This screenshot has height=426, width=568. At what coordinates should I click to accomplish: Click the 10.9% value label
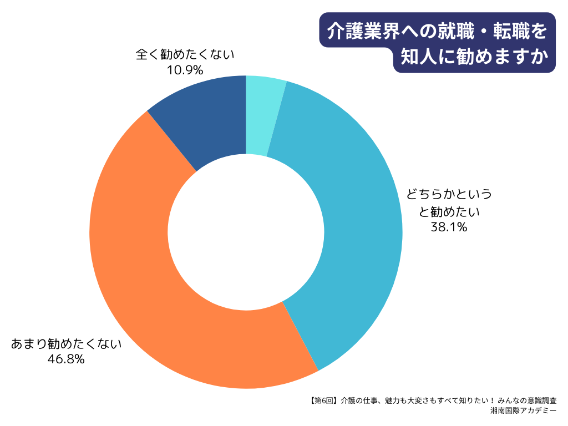185,70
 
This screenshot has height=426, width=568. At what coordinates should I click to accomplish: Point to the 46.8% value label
66,359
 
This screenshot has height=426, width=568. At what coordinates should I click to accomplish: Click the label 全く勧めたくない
185,55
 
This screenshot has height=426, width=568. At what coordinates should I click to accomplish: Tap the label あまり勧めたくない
66,344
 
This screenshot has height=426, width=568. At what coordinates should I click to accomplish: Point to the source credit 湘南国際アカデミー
524,411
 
